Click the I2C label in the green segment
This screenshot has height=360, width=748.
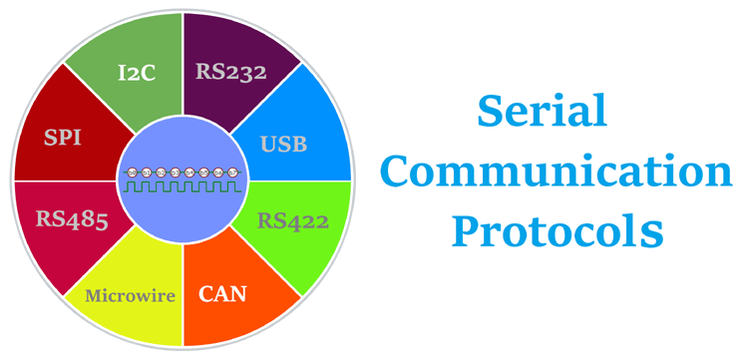[135, 72]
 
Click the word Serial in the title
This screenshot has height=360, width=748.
[541, 111]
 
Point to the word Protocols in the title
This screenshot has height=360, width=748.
[557, 233]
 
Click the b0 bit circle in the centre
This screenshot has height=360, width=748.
[133, 174]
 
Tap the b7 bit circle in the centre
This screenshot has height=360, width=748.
[233, 174]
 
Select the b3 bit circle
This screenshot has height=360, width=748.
[176, 174]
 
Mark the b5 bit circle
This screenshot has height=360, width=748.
[204, 174]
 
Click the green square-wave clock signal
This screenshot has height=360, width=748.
[183, 186]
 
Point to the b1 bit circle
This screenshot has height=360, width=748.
[147, 174]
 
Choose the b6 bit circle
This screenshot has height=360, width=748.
[219, 174]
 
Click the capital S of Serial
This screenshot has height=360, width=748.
[488, 111]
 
